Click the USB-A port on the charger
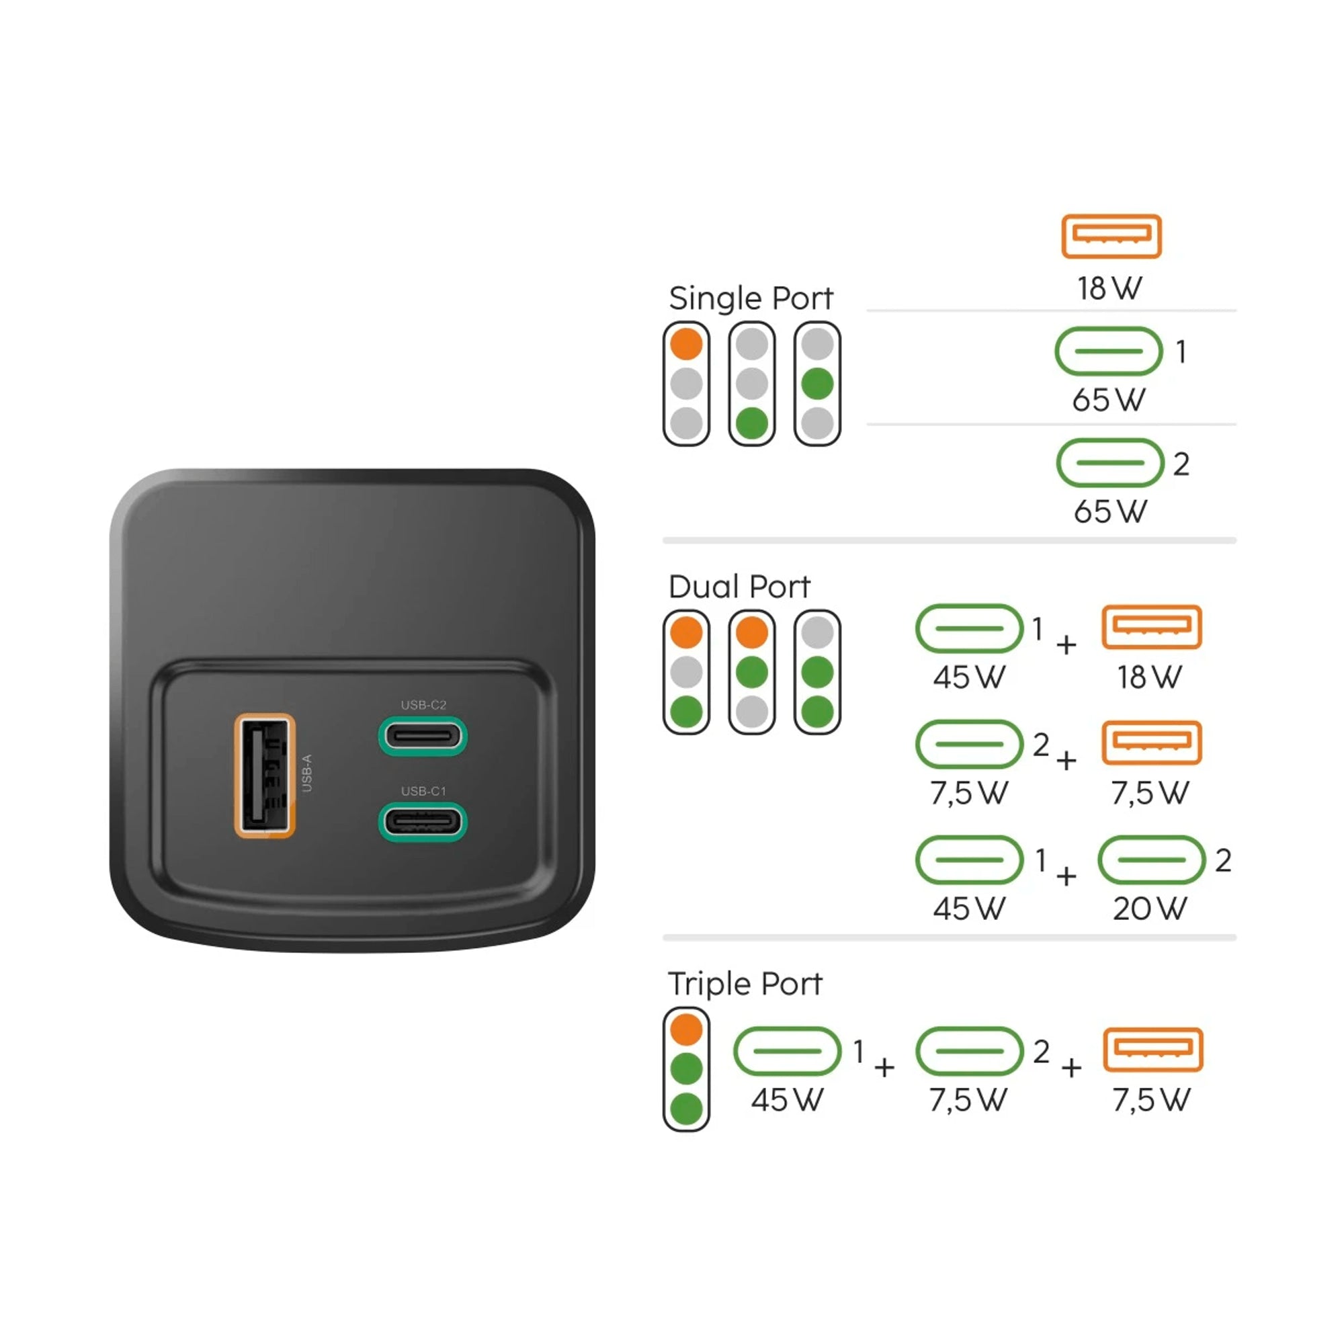[x=264, y=775]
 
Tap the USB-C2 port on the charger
[x=422, y=735]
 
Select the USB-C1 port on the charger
[x=422, y=822]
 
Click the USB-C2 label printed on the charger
[x=423, y=705]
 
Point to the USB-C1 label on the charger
[x=423, y=791]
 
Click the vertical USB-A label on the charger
[x=307, y=773]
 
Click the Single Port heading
[x=751, y=298]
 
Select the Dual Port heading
[x=739, y=587]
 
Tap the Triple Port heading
[x=745, y=984]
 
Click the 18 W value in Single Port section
[x=1110, y=288]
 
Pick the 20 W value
[x=1150, y=908]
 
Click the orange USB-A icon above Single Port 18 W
[x=1111, y=237]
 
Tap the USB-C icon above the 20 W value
[x=1151, y=860]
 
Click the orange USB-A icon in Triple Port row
[x=1152, y=1050]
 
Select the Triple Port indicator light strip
[x=687, y=1068]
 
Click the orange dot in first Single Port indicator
[x=687, y=343]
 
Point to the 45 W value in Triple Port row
[x=787, y=1100]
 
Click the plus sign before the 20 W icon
[x=1066, y=876]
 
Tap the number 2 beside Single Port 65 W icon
[x=1181, y=464]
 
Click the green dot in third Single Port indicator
[x=817, y=383]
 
